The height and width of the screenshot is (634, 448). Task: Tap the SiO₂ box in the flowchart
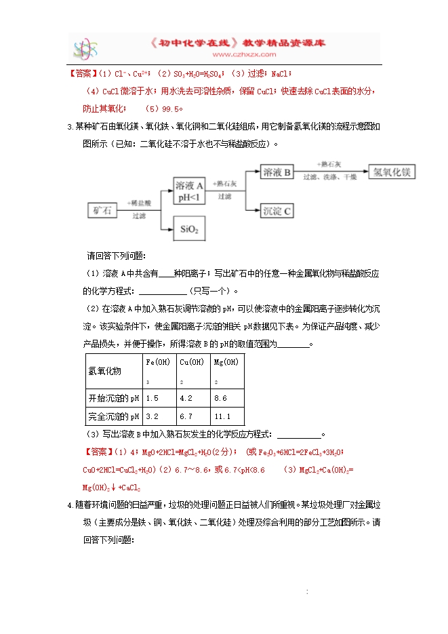190,229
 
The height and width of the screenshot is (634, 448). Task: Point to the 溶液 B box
277,173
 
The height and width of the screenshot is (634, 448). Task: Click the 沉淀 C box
277,211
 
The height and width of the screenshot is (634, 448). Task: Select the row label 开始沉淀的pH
113,398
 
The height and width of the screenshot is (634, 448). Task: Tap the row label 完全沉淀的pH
113,416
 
